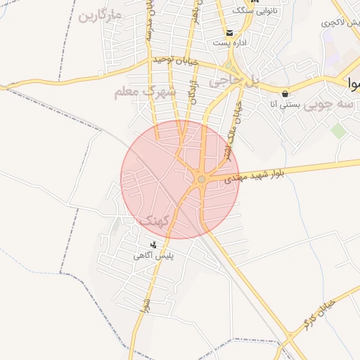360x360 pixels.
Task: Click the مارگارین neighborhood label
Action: click(101, 15)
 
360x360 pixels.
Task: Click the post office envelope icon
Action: click(229, 33)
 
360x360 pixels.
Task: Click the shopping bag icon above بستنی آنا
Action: click(284, 94)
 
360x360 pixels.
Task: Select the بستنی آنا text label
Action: click(285, 105)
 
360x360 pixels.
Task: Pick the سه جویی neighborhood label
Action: click(336, 103)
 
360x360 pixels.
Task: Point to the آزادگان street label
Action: click(192, 92)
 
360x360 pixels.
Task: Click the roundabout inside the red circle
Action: click(202, 179)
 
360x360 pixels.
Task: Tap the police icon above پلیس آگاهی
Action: click(153, 245)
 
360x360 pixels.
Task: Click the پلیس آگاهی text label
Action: click(154, 256)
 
